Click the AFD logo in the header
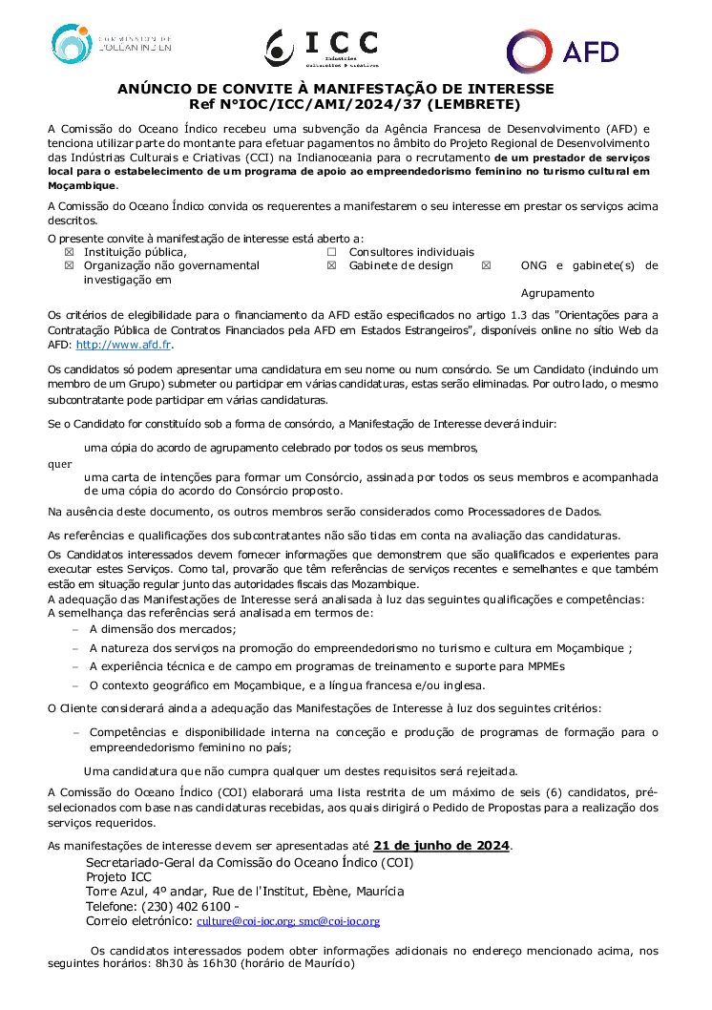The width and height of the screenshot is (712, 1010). [562, 51]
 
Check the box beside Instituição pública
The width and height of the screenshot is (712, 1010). [68, 252]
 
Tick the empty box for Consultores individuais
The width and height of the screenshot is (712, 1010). [332, 252]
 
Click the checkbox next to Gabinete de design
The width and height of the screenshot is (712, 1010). [332, 265]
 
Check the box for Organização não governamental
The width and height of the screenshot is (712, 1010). [68, 265]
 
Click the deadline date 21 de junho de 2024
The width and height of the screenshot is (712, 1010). [442, 845]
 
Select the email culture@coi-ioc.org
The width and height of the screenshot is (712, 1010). [245, 921]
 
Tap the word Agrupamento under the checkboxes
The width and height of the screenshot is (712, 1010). [557, 293]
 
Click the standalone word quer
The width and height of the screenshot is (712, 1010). [58, 464]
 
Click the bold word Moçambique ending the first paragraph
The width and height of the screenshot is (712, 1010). [80, 185]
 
